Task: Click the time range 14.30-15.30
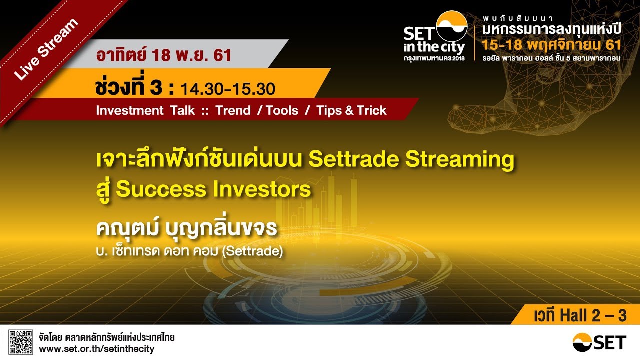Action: tap(227, 89)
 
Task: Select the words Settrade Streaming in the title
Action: tap(411, 159)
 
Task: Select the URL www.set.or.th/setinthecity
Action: tap(96, 349)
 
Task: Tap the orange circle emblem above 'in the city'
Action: tap(451, 26)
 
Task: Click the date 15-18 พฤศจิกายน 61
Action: tap(552, 45)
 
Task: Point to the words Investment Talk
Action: tap(145, 110)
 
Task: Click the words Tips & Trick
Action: tap(351, 110)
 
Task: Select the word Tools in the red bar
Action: tap(282, 110)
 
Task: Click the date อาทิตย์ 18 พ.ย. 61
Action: tap(164, 55)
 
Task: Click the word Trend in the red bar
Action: tap(233, 110)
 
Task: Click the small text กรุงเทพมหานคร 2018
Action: tap(434, 58)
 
